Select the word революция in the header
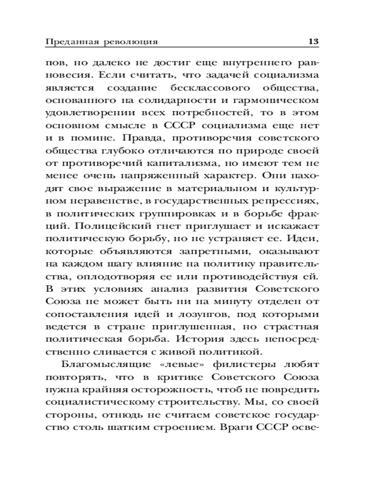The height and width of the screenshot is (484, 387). pos(131,42)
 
